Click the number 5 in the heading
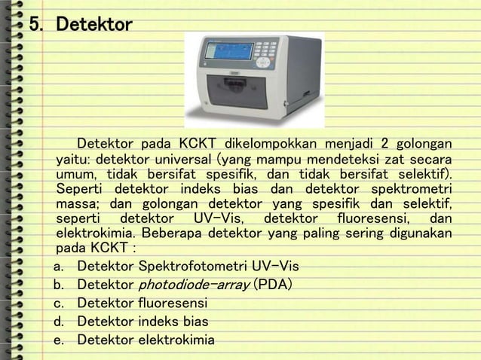34,26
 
